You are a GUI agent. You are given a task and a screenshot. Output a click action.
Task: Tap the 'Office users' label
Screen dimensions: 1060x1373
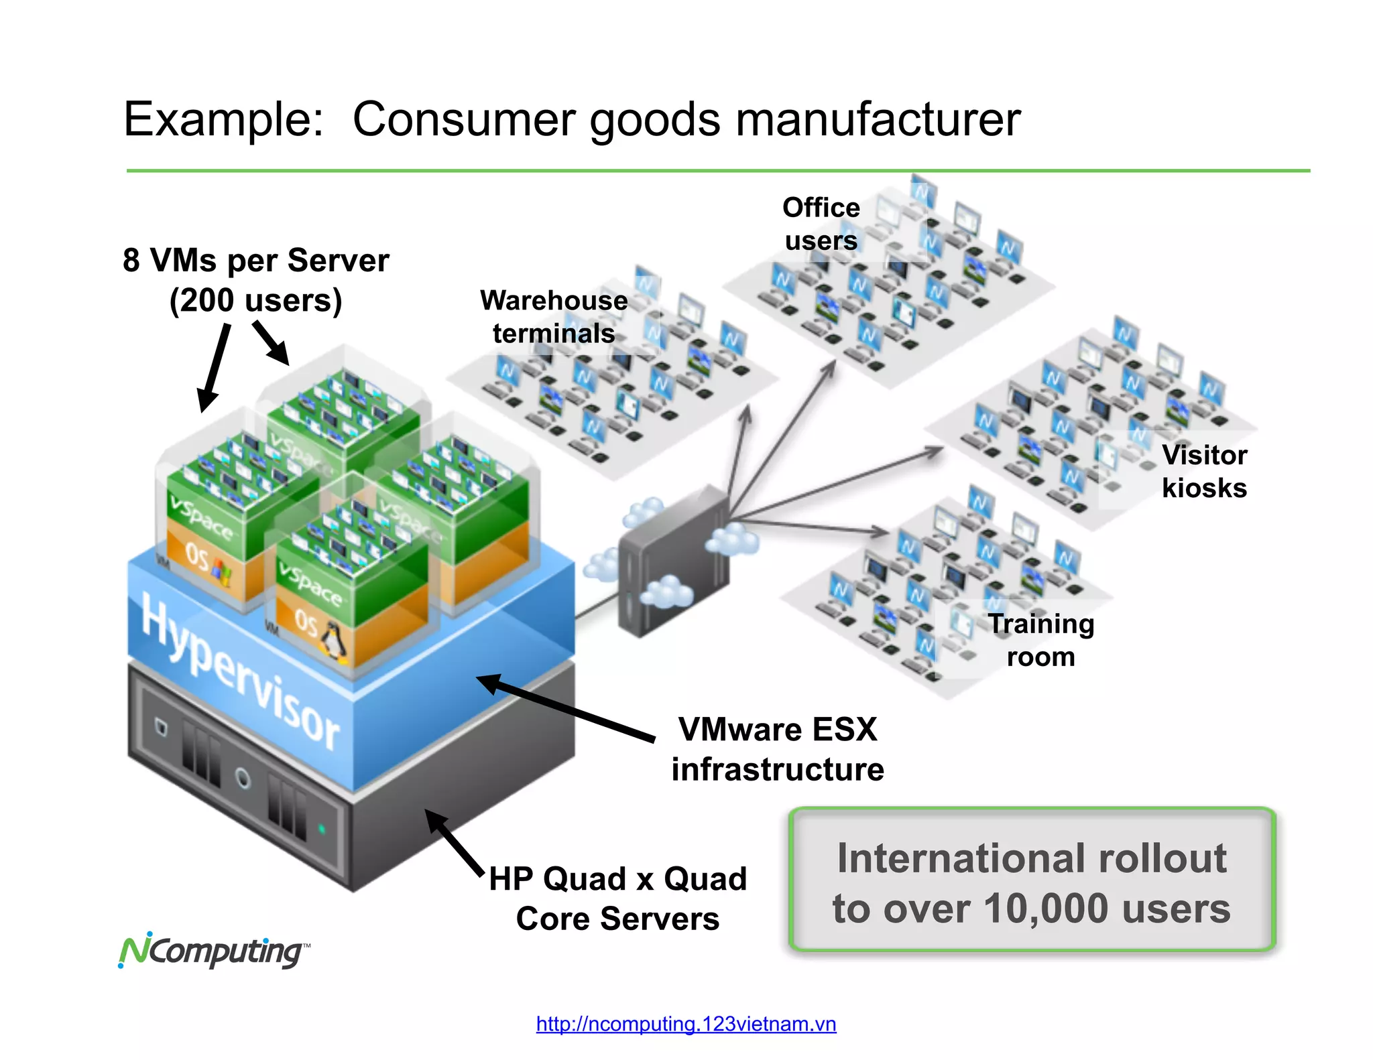[821, 224]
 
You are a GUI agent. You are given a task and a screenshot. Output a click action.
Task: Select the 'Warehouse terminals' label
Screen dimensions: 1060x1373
[554, 317]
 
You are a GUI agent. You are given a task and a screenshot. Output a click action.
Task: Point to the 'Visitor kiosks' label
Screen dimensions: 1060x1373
[1204, 471]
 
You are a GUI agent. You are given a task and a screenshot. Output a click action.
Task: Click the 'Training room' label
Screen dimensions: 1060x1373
[1040, 640]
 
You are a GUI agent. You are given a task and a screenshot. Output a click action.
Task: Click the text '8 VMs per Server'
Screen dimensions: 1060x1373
[255, 260]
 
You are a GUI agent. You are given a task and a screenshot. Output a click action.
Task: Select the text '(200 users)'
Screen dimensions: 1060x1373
[255, 300]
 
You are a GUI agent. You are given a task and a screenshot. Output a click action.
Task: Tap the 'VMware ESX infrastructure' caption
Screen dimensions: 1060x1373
[777, 749]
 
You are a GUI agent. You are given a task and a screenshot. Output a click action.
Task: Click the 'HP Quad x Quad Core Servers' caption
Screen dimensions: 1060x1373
[617, 898]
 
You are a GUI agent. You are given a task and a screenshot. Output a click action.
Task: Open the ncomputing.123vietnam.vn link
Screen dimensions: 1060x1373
[686, 1024]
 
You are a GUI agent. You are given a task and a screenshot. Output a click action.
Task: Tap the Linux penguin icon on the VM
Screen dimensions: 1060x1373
[333, 641]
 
